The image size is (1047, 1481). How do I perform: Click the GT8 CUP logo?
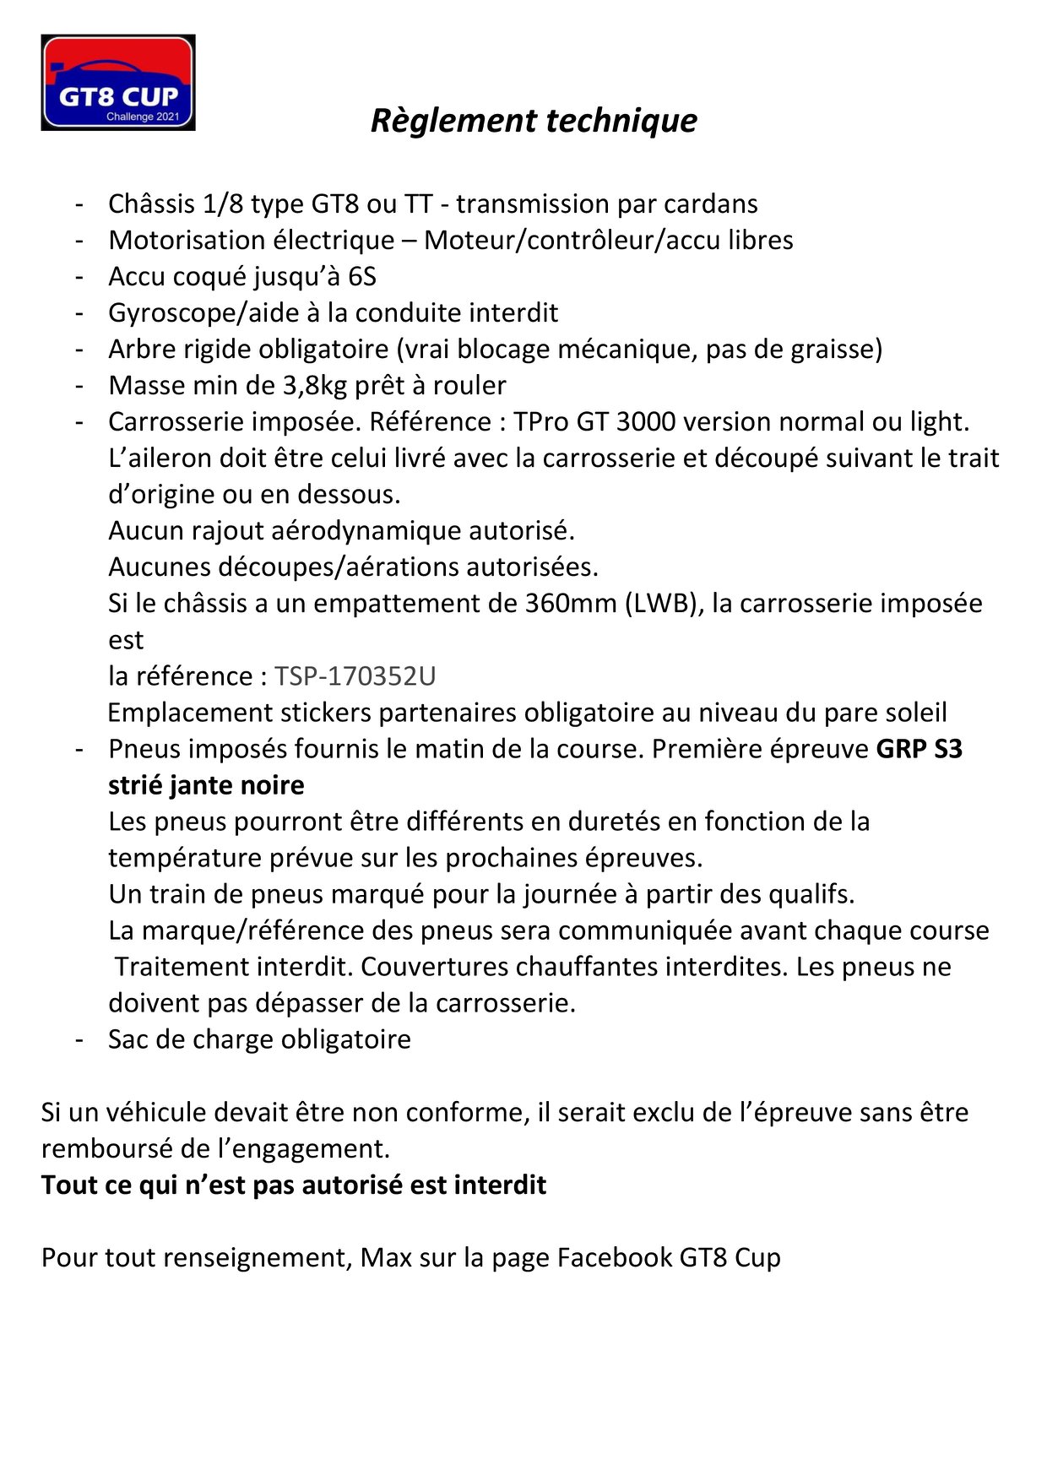coord(118,83)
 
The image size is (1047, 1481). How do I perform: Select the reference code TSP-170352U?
coord(355,676)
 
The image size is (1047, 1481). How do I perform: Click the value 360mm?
coord(571,604)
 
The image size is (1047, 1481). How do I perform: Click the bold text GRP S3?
coord(920,749)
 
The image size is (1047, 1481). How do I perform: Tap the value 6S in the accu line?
coord(362,277)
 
